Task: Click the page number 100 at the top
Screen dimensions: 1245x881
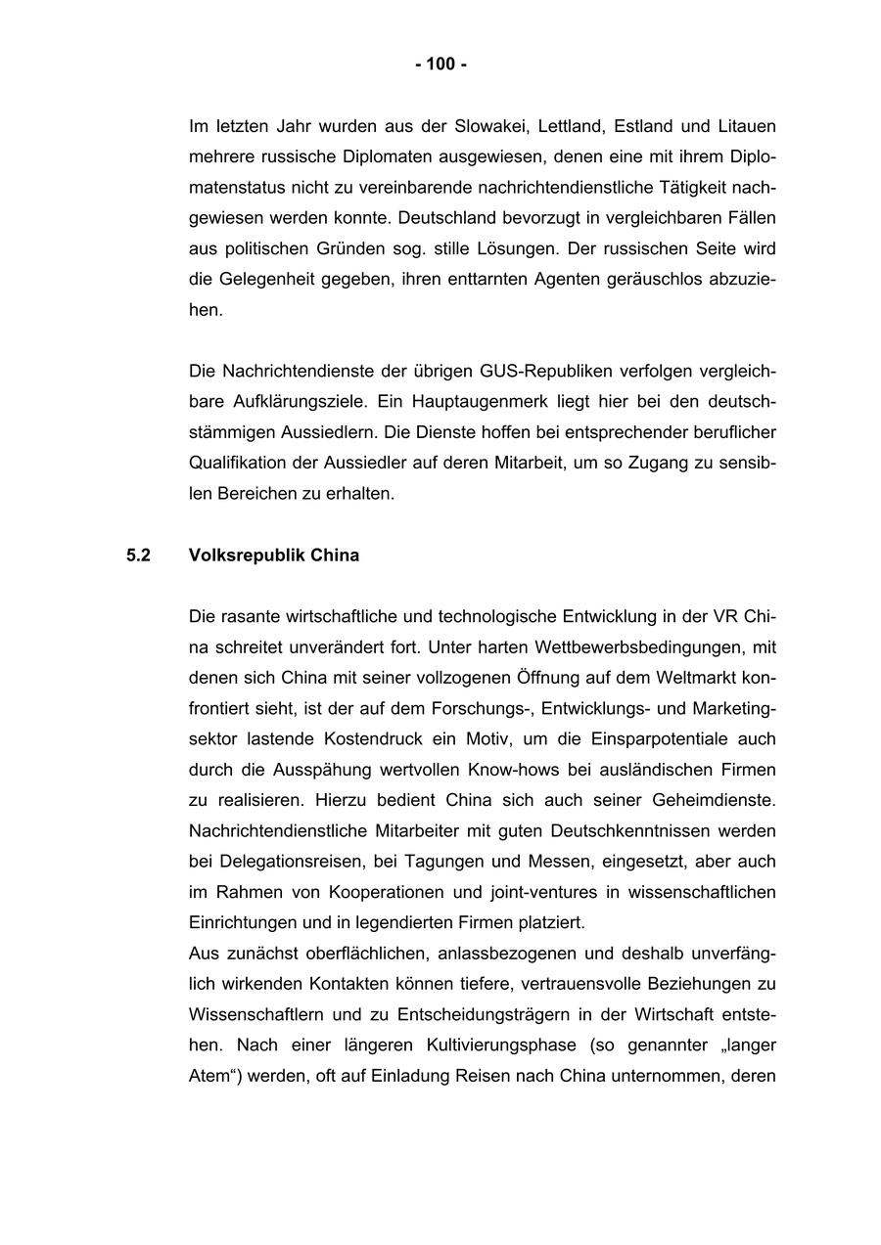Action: pyautogui.click(x=440, y=65)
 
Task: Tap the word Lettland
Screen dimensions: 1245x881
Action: pyautogui.click(x=573, y=126)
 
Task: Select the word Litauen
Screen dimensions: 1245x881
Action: pyautogui.click(x=747, y=126)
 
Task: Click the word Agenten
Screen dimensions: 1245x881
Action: pyautogui.click(x=566, y=280)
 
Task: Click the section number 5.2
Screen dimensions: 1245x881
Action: pyautogui.click(x=138, y=556)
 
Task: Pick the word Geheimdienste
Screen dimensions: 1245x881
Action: pyautogui.click(x=719, y=800)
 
